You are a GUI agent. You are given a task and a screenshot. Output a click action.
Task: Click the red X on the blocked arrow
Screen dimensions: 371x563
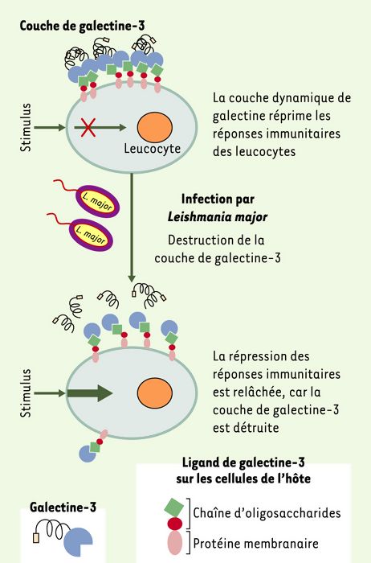(x=88, y=128)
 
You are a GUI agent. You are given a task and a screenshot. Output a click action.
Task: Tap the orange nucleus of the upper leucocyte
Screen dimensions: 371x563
(x=155, y=127)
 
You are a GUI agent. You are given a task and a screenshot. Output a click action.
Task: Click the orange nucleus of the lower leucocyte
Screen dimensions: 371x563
(x=155, y=392)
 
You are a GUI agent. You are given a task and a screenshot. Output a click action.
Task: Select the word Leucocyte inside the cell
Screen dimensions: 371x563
(x=152, y=148)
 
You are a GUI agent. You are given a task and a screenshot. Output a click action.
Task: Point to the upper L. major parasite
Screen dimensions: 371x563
(x=97, y=201)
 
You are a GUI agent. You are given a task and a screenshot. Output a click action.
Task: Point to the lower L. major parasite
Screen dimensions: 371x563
(x=91, y=235)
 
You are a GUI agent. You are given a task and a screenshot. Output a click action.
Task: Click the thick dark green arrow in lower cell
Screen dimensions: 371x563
(x=90, y=392)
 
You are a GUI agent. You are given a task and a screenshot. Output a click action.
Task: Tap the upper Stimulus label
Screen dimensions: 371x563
(x=26, y=127)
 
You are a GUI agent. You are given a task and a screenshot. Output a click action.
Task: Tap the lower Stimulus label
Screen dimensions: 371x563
(x=26, y=393)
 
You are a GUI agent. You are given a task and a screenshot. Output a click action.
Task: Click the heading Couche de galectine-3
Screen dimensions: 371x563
(x=83, y=26)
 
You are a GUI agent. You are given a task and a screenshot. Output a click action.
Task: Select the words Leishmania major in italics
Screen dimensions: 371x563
(x=218, y=217)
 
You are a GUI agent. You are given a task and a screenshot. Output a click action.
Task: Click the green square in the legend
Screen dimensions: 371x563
(x=174, y=507)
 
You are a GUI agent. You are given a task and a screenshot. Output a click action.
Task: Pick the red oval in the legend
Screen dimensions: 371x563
(x=174, y=524)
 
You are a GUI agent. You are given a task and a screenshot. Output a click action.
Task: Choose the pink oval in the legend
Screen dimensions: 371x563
(x=174, y=542)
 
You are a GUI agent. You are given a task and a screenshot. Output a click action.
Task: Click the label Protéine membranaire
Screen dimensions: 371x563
(x=256, y=543)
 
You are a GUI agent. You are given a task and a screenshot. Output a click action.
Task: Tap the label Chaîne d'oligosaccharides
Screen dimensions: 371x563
(x=267, y=513)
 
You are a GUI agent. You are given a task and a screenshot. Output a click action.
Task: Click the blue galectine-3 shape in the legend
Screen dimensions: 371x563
(x=77, y=541)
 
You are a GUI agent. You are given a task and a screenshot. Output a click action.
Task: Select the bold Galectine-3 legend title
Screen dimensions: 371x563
(x=63, y=508)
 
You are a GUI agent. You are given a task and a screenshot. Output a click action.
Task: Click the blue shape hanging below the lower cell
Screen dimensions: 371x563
(x=87, y=453)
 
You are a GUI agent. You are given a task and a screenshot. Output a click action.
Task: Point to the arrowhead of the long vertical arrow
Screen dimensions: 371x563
(x=132, y=278)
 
